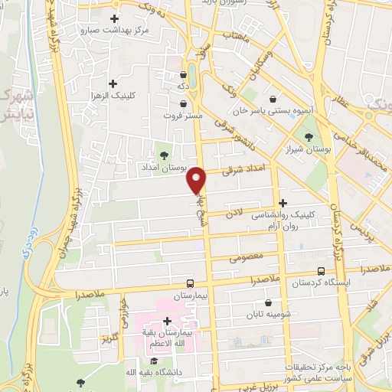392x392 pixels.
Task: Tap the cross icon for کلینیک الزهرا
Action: pos(113,83)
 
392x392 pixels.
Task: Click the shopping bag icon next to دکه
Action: pos(183,75)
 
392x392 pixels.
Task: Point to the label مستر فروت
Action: pos(183,115)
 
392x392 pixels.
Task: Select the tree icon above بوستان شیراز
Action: pos(309,136)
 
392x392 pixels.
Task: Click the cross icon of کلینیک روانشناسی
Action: pos(283,203)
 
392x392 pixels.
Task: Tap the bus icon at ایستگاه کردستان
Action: pos(320,270)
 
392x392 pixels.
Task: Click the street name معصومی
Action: pos(245,256)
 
